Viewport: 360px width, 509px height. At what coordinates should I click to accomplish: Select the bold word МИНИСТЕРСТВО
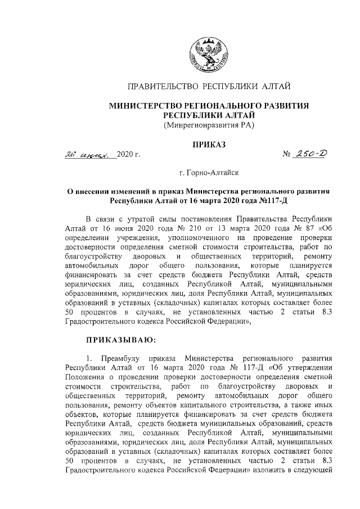(x=143, y=105)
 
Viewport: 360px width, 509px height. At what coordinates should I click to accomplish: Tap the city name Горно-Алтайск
(x=214, y=175)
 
